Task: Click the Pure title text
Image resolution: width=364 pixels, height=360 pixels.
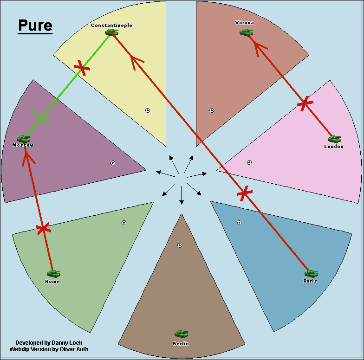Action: [35, 26]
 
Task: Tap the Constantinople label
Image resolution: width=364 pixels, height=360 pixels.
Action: [111, 25]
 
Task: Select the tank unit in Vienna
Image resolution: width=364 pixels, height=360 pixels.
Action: [246, 32]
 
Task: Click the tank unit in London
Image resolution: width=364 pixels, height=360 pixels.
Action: [334, 139]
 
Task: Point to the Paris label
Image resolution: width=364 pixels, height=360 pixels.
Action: [310, 281]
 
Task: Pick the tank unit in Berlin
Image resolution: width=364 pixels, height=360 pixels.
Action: [181, 334]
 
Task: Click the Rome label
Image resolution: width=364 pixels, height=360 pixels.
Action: [52, 281]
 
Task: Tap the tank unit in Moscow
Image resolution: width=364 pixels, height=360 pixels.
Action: [23, 138]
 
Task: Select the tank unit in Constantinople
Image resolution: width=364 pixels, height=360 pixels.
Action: [111, 32]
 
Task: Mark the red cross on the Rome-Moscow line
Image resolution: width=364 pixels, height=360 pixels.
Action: [43, 228]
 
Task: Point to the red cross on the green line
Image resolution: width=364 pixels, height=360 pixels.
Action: [83, 68]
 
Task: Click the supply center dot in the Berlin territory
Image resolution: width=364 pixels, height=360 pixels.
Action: [180, 245]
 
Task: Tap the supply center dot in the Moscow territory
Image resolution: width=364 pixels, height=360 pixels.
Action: [113, 163]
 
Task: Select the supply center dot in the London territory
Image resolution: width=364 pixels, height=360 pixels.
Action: [249, 162]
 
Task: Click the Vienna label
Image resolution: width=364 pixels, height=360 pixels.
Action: [245, 22]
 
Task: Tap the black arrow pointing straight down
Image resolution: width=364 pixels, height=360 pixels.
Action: [181, 197]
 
